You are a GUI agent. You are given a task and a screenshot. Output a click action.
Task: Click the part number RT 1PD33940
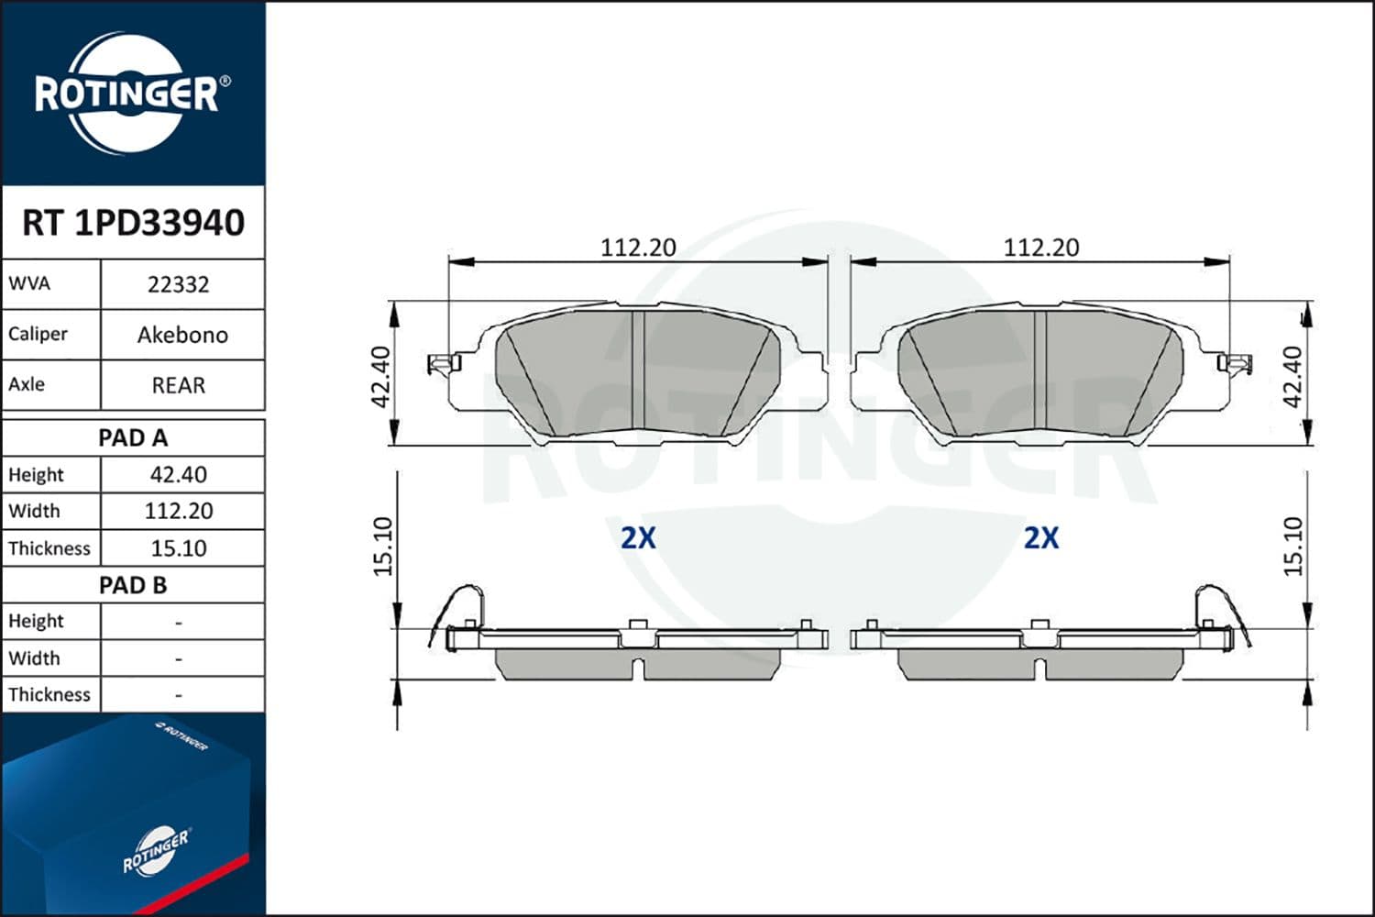pyautogui.click(x=133, y=223)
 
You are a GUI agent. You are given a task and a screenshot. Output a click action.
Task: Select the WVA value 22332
pyautogui.click(x=179, y=284)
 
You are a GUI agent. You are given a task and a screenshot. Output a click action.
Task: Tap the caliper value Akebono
pyautogui.click(x=182, y=335)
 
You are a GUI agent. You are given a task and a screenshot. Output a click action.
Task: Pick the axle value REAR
pyautogui.click(x=179, y=385)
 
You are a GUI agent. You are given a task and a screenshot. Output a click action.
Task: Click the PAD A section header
pyautogui.click(x=133, y=437)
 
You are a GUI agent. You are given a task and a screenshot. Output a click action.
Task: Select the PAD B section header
pyautogui.click(x=133, y=585)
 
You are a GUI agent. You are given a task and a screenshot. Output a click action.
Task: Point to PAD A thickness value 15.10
pyautogui.click(x=179, y=548)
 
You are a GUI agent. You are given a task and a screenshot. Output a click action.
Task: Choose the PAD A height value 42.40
pyautogui.click(x=179, y=474)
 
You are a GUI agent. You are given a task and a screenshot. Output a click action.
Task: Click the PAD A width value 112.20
pyautogui.click(x=179, y=511)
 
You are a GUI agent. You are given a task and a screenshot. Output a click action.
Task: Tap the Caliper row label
pyautogui.click(x=38, y=334)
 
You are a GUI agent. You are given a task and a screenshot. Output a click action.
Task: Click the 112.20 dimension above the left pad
pyautogui.click(x=638, y=248)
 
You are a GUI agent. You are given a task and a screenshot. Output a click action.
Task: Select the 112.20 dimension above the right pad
pyautogui.click(x=1041, y=248)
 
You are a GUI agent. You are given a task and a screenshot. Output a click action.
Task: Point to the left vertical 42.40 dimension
pyautogui.click(x=382, y=376)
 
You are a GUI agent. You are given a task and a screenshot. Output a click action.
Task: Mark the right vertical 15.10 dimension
pyautogui.click(x=1292, y=547)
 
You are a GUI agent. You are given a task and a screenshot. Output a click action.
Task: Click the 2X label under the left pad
pyautogui.click(x=638, y=537)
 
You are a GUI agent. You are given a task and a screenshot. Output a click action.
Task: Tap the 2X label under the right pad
pyautogui.click(x=1041, y=537)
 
